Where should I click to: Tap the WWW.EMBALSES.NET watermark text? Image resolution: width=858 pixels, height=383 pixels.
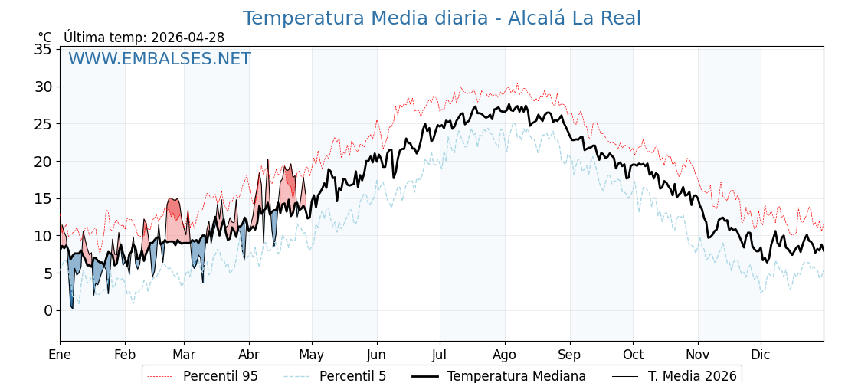(159, 59)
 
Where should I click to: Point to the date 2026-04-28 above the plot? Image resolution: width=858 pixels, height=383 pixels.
(188, 38)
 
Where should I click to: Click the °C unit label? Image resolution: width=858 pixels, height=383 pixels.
(45, 38)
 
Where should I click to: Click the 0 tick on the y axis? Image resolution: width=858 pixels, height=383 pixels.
(47, 310)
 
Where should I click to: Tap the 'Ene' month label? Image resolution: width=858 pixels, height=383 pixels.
(60, 355)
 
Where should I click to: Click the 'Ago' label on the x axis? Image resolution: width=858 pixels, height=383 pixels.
(505, 355)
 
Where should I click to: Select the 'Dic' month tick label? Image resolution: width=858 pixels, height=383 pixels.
(761, 355)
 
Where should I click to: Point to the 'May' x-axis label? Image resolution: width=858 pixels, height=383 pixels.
(312, 355)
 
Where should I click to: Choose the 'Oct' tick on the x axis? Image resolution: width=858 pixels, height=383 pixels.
(633, 355)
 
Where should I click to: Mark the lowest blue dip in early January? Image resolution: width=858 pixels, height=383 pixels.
(72, 307)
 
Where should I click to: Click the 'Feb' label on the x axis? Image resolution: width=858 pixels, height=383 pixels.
(125, 355)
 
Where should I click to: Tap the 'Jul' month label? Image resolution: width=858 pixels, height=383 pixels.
(440, 355)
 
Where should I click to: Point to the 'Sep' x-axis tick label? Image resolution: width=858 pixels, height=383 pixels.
(570, 355)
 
